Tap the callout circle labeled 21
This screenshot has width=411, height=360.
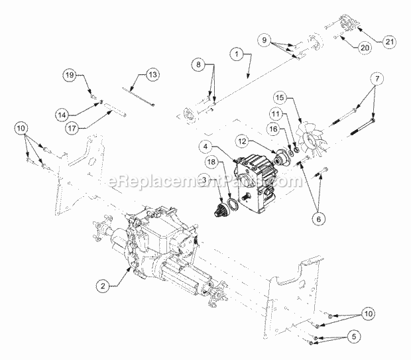[386, 41]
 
